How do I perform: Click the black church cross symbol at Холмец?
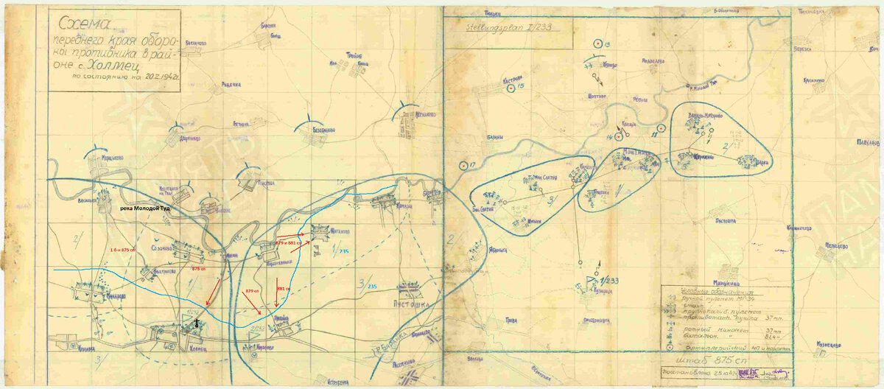[x=197, y=323]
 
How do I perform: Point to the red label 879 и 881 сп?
[x=288, y=242]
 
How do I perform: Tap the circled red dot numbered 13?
[x=597, y=45]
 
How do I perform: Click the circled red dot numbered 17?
[x=463, y=165]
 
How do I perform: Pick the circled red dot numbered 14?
[x=620, y=136]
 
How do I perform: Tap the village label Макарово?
[x=110, y=295]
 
